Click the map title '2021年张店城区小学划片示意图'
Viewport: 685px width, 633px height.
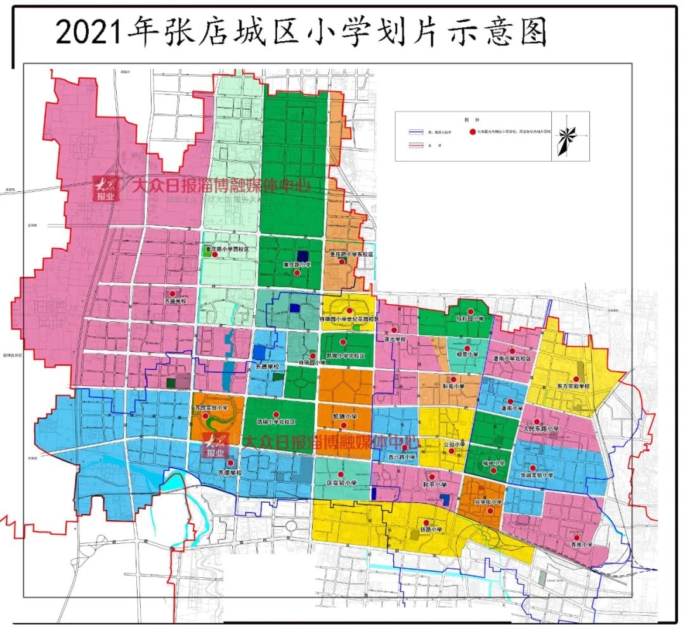(301, 32)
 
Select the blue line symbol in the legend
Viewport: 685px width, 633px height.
(416, 132)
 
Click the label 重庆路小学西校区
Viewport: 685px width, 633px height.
(226, 249)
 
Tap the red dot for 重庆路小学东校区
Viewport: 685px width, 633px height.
(342, 262)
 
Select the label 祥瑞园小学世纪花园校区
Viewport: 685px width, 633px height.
(350, 319)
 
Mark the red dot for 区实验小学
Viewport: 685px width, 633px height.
(341, 474)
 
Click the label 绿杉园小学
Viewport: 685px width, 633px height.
(470, 319)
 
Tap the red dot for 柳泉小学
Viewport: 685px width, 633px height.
(467, 348)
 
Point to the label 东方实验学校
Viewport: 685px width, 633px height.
(573, 386)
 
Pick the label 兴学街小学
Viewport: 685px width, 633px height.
(488, 502)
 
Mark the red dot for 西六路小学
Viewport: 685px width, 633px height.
(405, 447)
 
